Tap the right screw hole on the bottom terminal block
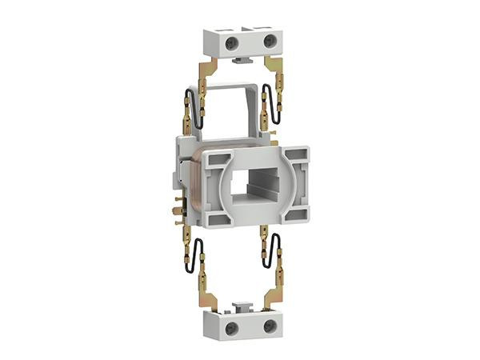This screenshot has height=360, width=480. click(x=270, y=326)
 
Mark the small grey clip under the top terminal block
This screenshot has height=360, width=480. click(x=240, y=58)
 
